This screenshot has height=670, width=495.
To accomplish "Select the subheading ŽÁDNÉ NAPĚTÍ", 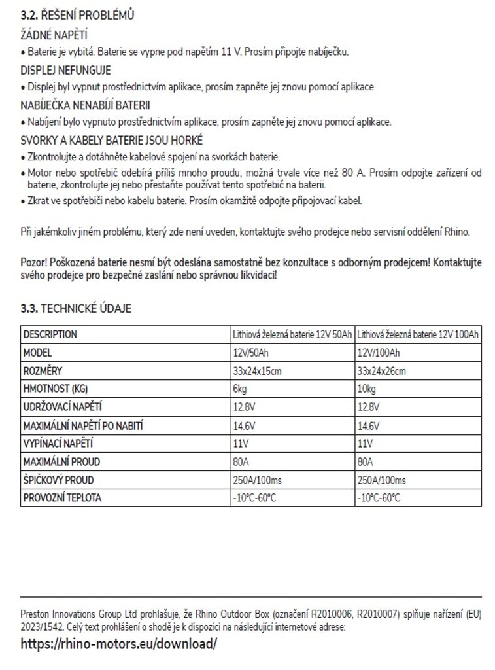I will [x=54, y=35].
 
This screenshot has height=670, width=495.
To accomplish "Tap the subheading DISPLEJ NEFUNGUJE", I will [x=66, y=70].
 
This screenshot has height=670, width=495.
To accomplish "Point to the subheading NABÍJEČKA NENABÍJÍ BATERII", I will [x=90, y=105].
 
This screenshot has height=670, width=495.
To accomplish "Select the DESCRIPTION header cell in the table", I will [x=50, y=334].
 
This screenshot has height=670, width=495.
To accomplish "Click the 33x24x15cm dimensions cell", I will [x=257, y=371].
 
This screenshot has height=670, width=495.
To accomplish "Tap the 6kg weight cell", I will [x=240, y=389].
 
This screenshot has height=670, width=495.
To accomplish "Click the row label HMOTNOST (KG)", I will [x=56, y=389].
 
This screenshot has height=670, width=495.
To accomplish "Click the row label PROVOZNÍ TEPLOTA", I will [x=63, y=498].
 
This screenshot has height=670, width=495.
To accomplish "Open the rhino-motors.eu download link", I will [x=118, y=643].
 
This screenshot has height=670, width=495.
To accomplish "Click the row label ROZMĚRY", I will [x=42, y=371].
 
